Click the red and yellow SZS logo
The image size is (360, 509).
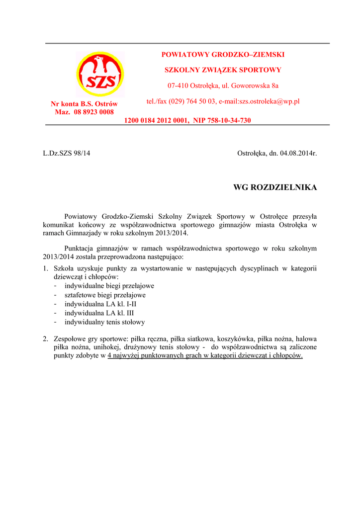(x=100, y=75)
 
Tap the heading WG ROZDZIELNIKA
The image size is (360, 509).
(x=275, y=187)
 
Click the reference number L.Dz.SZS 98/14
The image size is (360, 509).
(x=67, y=153)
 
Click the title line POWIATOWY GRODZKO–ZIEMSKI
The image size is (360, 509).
(x=223, y=55)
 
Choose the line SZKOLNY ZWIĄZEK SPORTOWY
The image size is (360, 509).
(x=223, y=70)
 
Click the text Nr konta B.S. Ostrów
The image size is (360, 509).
(x=84, y=104)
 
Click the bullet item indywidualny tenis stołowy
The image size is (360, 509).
(x=104, y=322)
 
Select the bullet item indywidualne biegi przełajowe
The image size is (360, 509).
(x=109, y=286)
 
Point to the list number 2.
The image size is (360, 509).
(x=45, y=339)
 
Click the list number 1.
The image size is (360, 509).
(x=45, y=268)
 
